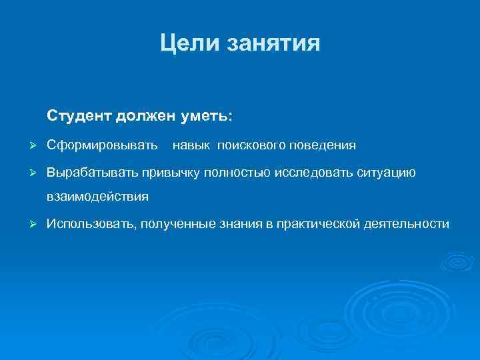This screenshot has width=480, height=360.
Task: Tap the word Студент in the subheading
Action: pos(79,116)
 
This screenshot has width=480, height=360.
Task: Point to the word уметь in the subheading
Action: pos(206,116)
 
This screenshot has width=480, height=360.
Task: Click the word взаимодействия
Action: pos(97,197)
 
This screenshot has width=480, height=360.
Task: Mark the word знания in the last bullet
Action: pos(240,225)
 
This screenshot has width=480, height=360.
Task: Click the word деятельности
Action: pos(407,225)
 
